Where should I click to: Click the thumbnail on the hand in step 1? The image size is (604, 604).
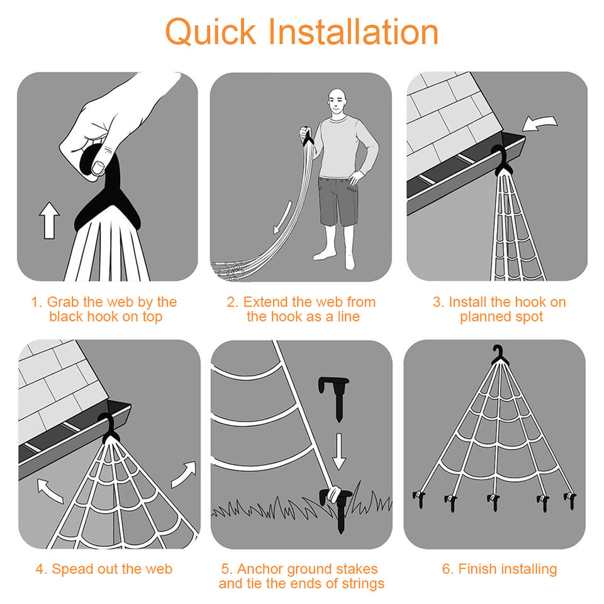(99, 167)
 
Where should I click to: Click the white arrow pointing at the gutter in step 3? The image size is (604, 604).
(541, 123)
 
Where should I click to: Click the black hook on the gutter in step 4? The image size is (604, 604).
(108, 425)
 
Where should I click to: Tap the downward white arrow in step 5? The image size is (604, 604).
(339, 450)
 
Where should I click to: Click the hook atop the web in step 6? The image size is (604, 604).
(499, 354)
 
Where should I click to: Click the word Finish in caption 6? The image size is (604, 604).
(476, 569)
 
